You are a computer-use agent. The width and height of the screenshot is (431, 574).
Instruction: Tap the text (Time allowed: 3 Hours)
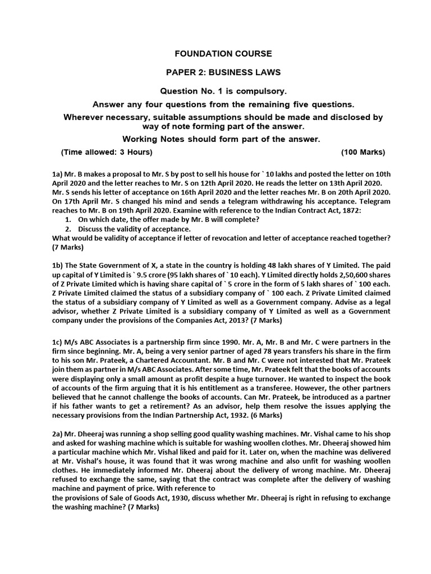pos(107,152)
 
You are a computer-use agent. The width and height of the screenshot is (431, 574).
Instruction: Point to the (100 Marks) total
pos(363,152)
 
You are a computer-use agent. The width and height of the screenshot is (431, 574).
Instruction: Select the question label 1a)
pos(58,174)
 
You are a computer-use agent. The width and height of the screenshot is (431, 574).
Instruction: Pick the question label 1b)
pos(58,265)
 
